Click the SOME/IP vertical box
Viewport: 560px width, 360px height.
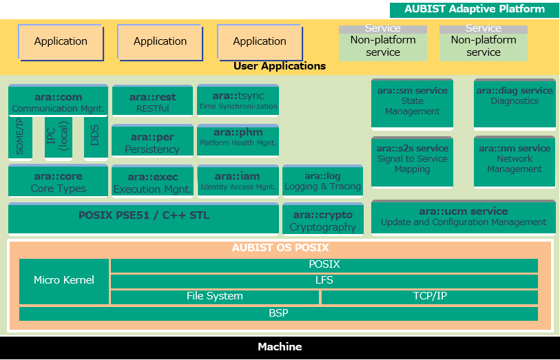pos(21,138)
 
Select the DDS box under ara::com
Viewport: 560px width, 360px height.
pos(96,137)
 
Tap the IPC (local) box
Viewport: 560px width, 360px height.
pos(59,137)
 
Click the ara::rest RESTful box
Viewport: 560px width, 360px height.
pos(152,100)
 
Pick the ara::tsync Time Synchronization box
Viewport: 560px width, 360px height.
pos(238,100)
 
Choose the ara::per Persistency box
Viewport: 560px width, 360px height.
pos(152,140)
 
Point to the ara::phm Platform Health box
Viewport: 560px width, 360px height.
pos(238,140)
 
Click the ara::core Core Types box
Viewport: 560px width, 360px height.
pos(59,180)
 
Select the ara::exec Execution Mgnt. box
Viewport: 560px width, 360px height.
pos(152,181)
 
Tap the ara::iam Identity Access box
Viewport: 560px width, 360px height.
pos(238,180)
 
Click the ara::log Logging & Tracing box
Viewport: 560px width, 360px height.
pos(323,180)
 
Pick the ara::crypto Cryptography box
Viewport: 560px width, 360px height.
pos(323,219)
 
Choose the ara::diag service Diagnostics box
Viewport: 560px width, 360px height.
pos(515,104)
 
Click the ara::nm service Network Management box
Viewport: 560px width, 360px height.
pos(515,162)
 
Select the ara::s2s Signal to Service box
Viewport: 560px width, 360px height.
pos(412,162)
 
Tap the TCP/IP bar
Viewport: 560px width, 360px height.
pos(430,297)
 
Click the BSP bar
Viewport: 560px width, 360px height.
pos(278,314)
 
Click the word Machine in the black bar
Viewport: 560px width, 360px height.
pos(280,347)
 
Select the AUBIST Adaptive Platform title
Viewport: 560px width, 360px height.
pos(475,9)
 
